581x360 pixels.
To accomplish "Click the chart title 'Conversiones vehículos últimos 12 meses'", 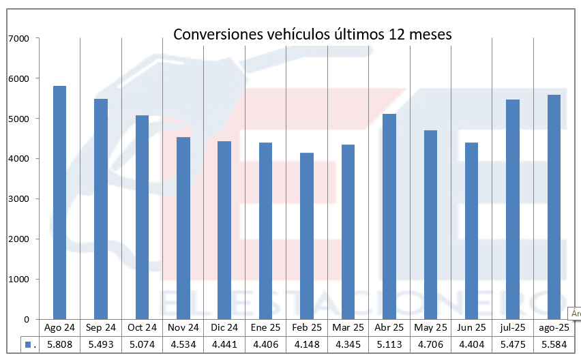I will click(312, 34).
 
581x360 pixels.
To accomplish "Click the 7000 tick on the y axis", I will click(18, 38).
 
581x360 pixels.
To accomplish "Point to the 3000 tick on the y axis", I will click(18, 199).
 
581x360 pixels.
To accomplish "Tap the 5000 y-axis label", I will click(18, 119).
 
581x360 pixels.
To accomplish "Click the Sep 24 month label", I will click(101, 328).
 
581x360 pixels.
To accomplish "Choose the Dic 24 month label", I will click(224, 328).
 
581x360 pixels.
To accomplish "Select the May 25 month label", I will click(430, 328).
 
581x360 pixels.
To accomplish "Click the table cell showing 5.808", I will click(59, 345).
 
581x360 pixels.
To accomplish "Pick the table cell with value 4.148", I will click(307, 345).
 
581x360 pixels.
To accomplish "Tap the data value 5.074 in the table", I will click(142, 345).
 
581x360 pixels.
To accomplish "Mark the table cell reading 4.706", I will click(430, 345).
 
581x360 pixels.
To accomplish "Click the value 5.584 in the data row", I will click(554, 345).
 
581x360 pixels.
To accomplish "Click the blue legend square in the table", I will click(28, 345).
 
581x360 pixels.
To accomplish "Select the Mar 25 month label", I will click(348, 328).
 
